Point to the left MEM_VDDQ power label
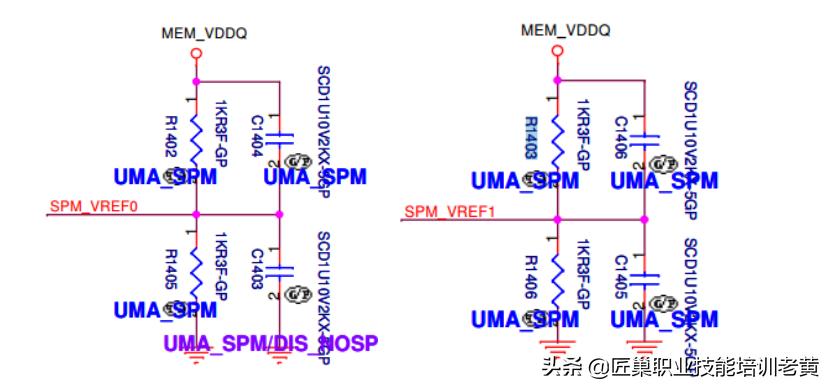coord(204,34)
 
